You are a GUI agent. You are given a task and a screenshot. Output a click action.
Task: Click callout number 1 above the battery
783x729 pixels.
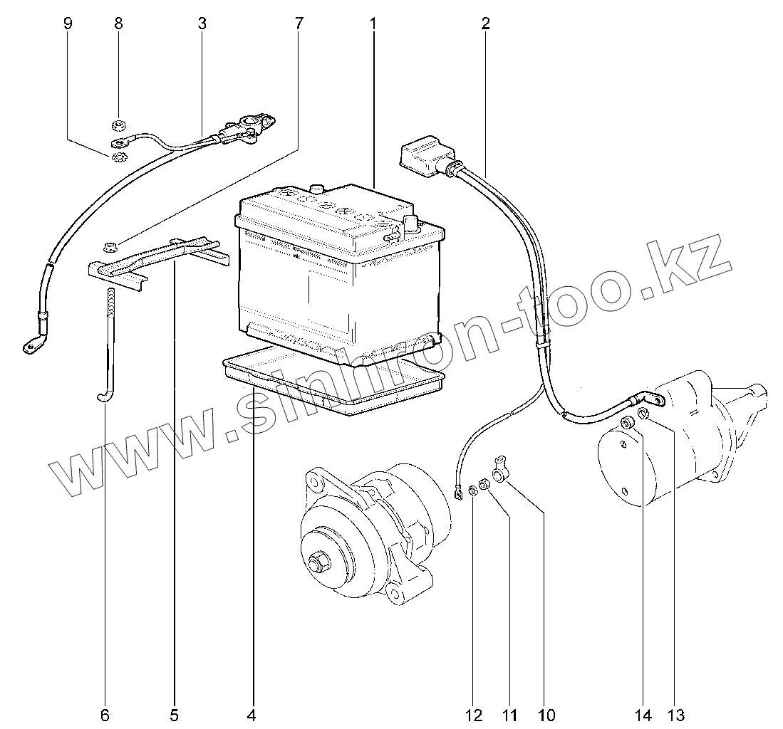tap(373, 23)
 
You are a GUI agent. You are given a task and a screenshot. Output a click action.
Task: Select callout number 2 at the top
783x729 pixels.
tap(485, 23)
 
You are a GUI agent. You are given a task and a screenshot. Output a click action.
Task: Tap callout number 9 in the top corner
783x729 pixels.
tap(68, 23)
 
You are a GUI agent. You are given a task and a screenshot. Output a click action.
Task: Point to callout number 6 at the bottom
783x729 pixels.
tap(105, 714)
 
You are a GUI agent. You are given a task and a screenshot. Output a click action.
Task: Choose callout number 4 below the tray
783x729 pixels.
tap(251, 714)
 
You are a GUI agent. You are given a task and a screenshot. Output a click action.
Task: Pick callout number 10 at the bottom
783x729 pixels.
tap(546, 714)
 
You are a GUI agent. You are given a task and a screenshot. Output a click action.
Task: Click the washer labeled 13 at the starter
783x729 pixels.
tap(643, 414)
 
